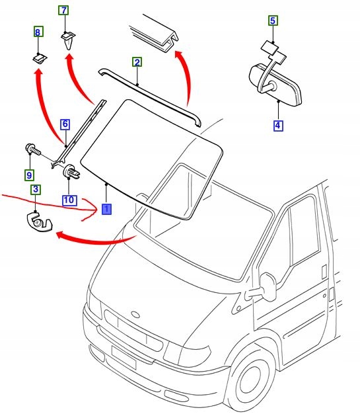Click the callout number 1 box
pos(106,209)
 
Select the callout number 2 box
pos(137,62)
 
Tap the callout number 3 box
pos(36,189)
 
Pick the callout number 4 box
pos(278,126)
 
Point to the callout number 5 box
pos(273,21)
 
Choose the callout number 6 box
pos(65,124)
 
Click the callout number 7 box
pos(63,11)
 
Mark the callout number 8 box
pos(38,32)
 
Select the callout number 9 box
pos(29,175)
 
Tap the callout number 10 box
pos(69,200)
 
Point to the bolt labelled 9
pos(33,149)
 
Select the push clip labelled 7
pos(68,40)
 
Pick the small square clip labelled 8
pos(40,58)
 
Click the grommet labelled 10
pos(71,171)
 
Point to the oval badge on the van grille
pos(135,314)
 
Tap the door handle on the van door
pos(324,272)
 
